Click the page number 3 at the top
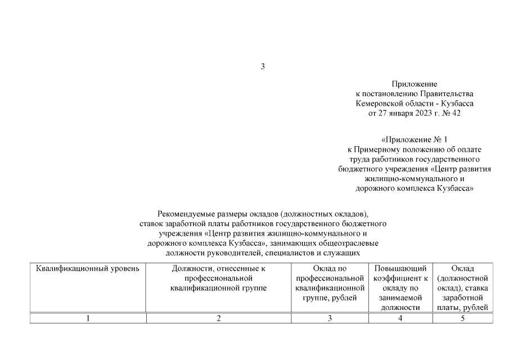[262, 67]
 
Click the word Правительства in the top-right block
[448, 93]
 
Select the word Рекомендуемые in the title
[186, 213]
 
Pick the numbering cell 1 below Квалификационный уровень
[88, 318]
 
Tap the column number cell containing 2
[218, 318]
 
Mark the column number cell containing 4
[400, 318]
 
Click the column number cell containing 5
[462, 318]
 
